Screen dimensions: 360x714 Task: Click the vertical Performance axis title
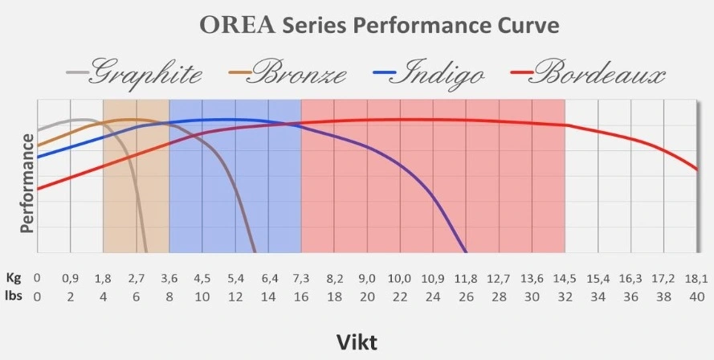(27, 183)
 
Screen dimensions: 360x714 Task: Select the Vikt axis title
(357, 341)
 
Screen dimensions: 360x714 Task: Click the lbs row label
(11, 296)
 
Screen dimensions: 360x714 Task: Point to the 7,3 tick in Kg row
(301, 279)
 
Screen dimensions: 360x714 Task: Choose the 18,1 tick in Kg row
(696, 279)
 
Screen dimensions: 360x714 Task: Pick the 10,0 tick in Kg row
(400, 279)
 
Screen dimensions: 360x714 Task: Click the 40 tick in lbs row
(696, 296)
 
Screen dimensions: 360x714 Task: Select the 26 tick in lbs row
(466, 296)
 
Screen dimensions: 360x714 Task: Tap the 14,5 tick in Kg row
(565, 279)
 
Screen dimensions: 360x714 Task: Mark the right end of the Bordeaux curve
(696, 170)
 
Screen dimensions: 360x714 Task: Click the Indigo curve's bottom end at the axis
(466, 252)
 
